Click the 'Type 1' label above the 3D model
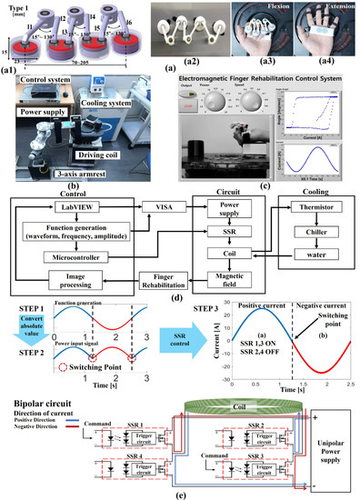point(17,11)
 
